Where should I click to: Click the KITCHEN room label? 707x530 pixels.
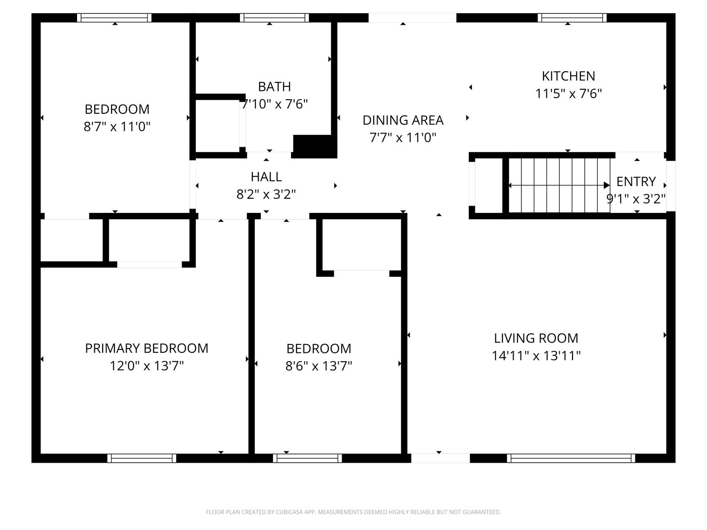tap(568, 76)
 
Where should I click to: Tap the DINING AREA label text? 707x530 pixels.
tap(403, 120)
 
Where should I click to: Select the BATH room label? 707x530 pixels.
tap(274, 86)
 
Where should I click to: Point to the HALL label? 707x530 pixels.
tap(266, 177)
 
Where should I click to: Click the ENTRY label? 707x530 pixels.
tap(636, 182)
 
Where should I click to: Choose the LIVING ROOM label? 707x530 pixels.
tap(536, 338)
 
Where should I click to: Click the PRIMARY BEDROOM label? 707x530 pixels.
tap(146, 348)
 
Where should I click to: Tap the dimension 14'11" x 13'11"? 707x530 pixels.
tap(536, 356)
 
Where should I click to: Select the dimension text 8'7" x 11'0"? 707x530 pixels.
tap(117, 127)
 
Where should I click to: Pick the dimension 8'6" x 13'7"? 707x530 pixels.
tap(319, 366)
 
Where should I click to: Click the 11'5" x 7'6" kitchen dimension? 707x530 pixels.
tap(568, 94)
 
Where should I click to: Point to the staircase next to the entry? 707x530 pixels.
tap(559, 185)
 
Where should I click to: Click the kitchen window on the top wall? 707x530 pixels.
tap(571, 18)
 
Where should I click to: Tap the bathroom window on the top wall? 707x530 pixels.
tap(274, 18)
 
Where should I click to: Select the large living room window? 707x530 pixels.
tap(571, 458)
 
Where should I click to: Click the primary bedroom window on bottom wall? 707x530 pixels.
tap(142, 458)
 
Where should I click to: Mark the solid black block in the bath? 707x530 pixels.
tap(314, 146)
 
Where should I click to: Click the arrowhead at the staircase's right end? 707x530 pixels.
tap(606, 185)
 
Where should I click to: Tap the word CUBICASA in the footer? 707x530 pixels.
tap(288, 512)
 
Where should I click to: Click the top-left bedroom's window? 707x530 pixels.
tap(114, 18)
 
